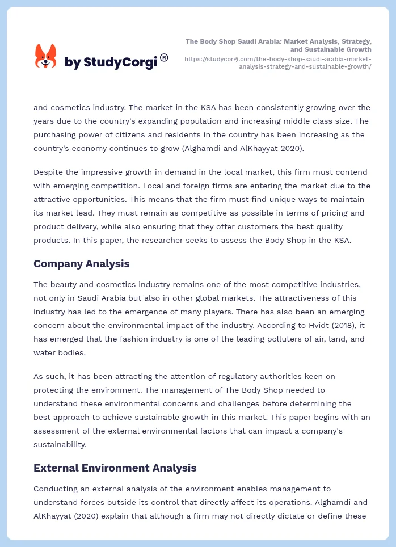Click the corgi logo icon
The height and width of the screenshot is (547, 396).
coord(46,56)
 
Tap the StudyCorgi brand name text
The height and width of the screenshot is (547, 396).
coord(111,62)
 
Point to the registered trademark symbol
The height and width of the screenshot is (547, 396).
coord(164,57)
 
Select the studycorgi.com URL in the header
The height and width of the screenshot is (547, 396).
coord(278,62)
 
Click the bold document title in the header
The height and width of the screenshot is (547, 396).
coord(279,45)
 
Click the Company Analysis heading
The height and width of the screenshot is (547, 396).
coord(82,264)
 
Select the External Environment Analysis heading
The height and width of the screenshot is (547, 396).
coord(115,468)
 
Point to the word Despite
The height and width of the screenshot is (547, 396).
coord(49,172)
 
